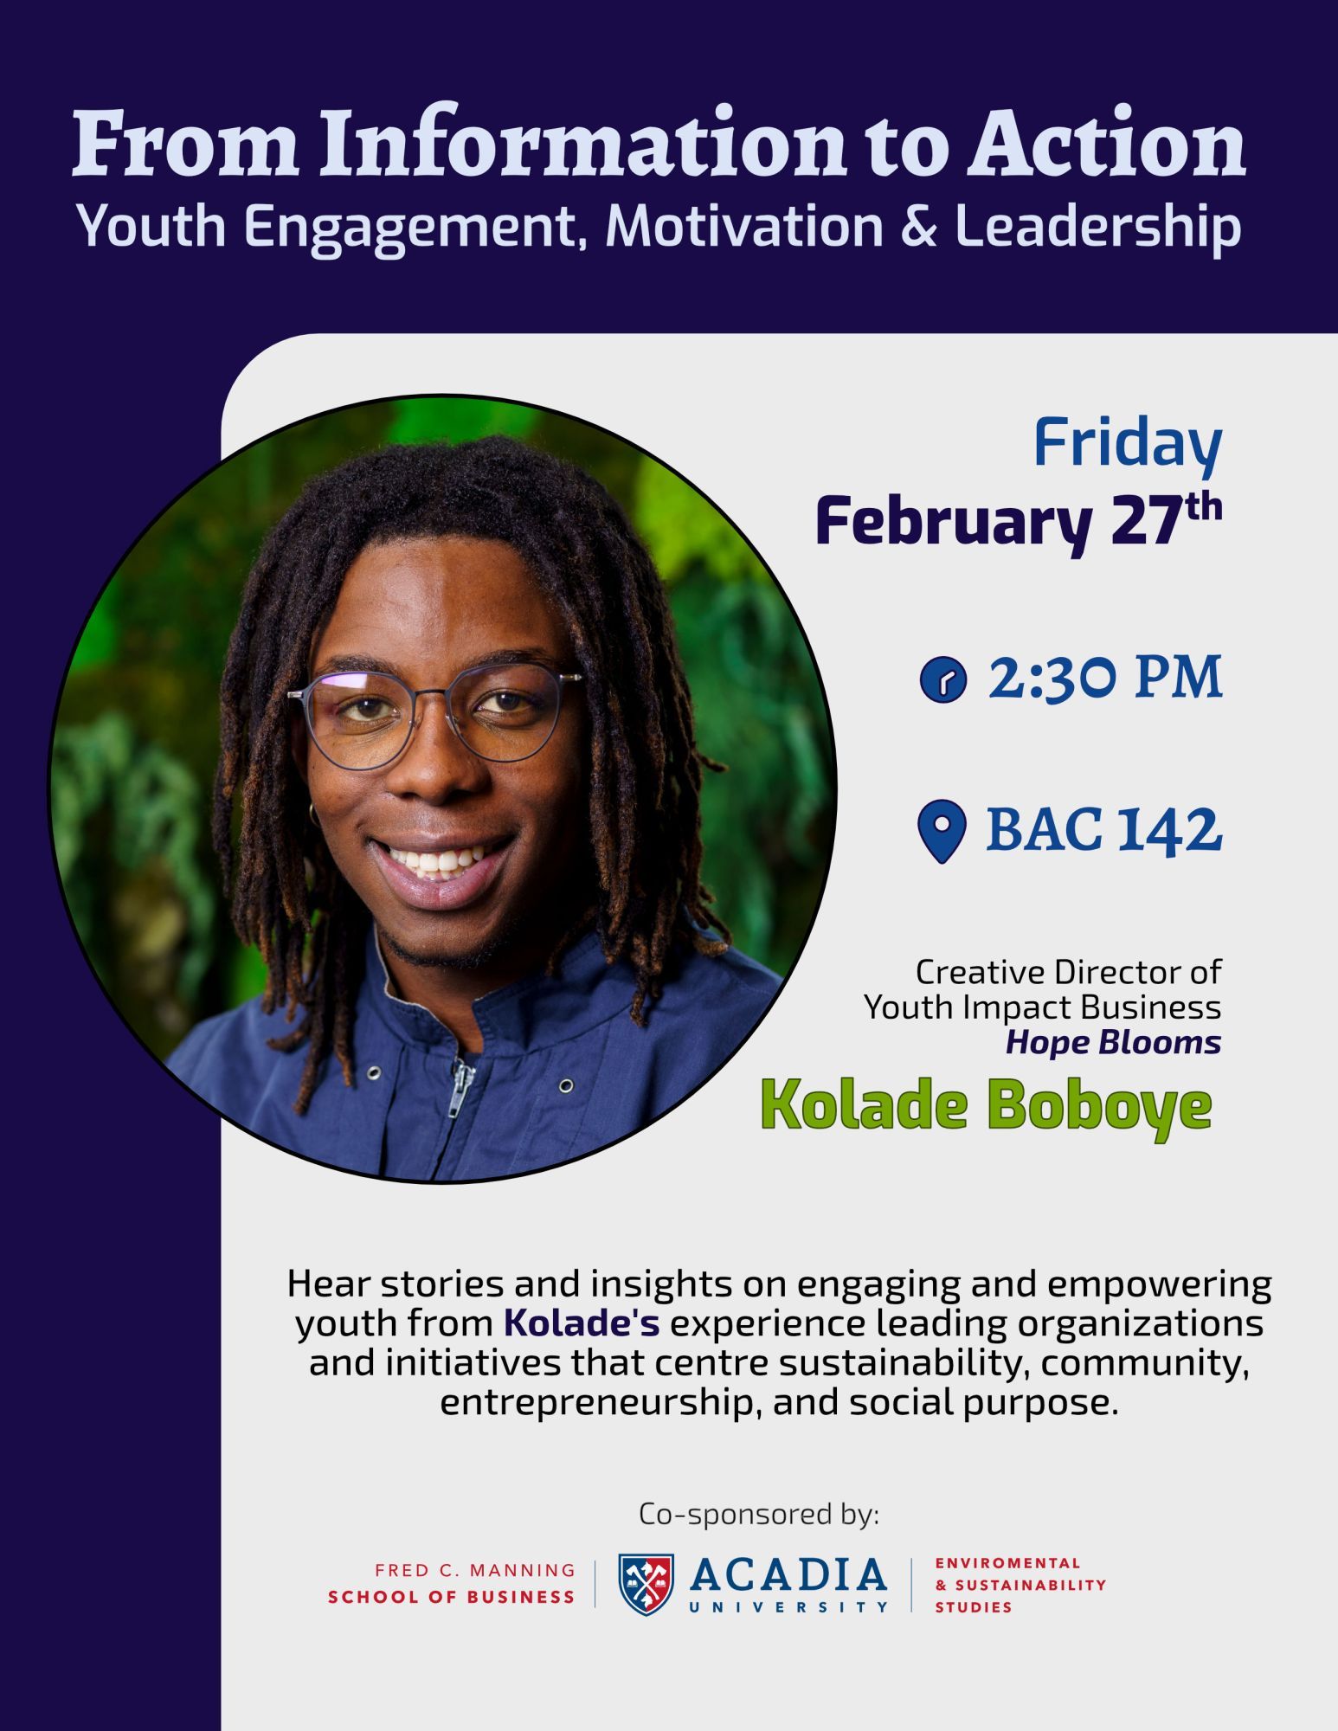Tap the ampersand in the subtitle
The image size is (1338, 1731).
pos(918,226)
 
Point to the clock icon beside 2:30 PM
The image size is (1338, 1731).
pos(942,679)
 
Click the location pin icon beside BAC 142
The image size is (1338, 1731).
pos(941,831)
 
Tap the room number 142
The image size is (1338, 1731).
pos(1169,829)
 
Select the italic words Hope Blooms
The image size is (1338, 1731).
pos(1113,1043)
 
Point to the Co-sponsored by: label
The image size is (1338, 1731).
pos(759,1514)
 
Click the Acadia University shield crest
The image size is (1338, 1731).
pos(646,1584)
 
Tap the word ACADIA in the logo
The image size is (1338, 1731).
pos(788,1575)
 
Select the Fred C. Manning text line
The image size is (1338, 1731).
pos(475,1570)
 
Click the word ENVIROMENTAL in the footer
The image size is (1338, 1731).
pos(1007,1563)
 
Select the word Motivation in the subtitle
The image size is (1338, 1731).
pos(744,226)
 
